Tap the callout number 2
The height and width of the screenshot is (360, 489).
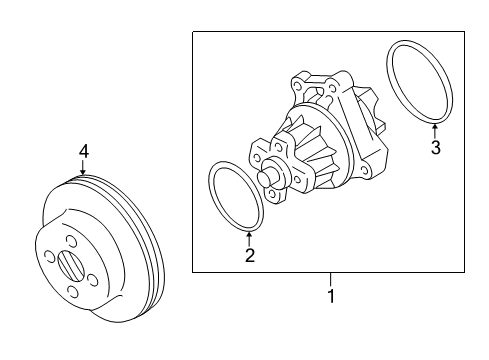pos(250,256)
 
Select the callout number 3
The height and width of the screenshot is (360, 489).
pos(435,150)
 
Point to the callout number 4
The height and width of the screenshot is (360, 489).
pos(84,151)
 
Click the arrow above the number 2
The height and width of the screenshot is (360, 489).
pos(250,237)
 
